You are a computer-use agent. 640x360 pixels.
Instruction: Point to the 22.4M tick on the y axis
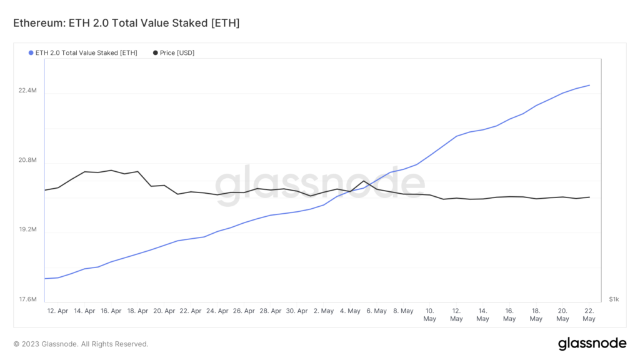click(x=27, y=91)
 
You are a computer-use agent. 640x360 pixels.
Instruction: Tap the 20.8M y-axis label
click(x=27, y=161)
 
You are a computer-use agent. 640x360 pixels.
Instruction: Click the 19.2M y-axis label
click(x=27, y=230)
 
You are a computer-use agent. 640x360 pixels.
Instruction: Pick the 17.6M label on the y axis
click(x=27, y=300)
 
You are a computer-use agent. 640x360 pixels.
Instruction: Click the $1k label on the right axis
click(x=614, y=300)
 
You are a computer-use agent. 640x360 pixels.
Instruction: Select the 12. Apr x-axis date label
click(x=57, y=311)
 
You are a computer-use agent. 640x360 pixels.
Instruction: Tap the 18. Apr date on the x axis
click(x=137, y=311)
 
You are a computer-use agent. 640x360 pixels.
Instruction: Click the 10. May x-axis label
click(x=429, y=314)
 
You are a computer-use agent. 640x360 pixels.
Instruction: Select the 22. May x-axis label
click(x=589, y=314)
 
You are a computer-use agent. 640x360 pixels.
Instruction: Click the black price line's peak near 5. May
click(x=364, y=181)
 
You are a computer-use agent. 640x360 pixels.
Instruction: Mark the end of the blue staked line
click(x=589, y=85)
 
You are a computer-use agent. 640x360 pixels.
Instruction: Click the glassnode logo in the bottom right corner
click(x=591, y=343)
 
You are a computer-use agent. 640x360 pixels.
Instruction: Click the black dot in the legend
click(x=155, y=53)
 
